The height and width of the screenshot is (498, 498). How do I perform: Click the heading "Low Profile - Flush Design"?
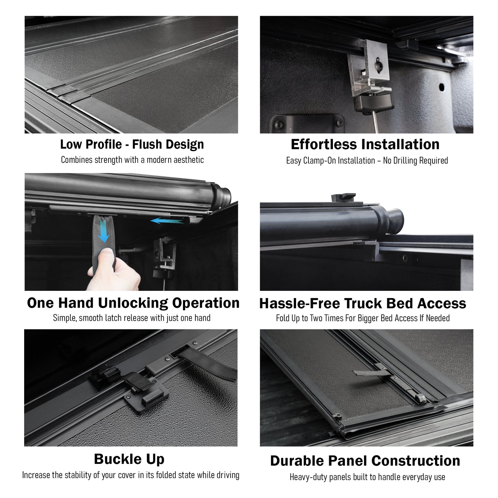(x=132, y=144)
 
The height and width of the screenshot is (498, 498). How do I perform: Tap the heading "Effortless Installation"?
(x=365, y=144)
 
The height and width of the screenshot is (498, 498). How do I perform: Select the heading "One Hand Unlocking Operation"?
(x=133, y=303)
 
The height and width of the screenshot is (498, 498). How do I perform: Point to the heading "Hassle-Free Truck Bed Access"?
(x=363, y=303)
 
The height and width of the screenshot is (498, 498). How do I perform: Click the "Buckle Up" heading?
(x=129, y=459)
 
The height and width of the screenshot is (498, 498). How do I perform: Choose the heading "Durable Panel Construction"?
(x=365, y=461)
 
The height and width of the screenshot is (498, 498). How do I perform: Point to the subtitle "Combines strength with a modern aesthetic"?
(x=132, y=160)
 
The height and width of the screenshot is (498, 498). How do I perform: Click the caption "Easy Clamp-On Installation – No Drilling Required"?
(x=367, y=161)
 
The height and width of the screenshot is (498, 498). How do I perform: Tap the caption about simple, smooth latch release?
(x=132, y=318)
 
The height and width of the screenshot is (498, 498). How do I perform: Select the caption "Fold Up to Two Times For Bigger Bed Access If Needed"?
(x=363, y=318)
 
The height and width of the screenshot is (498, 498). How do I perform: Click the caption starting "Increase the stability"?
(x=131, y=475)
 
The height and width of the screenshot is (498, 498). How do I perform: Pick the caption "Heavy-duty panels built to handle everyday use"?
(x=367, y=477)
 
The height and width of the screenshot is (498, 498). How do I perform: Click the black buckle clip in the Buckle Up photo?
(x=152, y=399)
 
